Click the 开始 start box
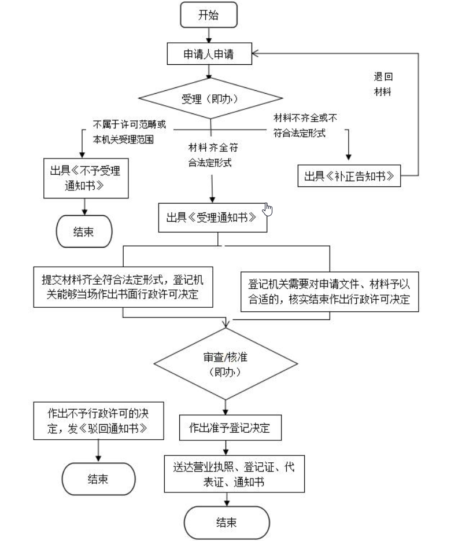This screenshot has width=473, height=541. click(x=209, y=16)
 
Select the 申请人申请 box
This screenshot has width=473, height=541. click(x=209, y=54)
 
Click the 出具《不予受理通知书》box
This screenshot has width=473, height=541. click(x=86, y=179)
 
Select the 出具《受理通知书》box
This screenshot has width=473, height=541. click(x=212, y=217)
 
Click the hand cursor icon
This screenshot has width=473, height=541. click(x=267, y=209)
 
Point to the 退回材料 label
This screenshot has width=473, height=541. click(x=383, y=84)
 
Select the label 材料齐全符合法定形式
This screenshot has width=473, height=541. click(x=210, y=154)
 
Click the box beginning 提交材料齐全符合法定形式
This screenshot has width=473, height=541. click(x=122, y=286)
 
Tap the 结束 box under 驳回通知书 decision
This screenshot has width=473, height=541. click(x=98, y=479)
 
